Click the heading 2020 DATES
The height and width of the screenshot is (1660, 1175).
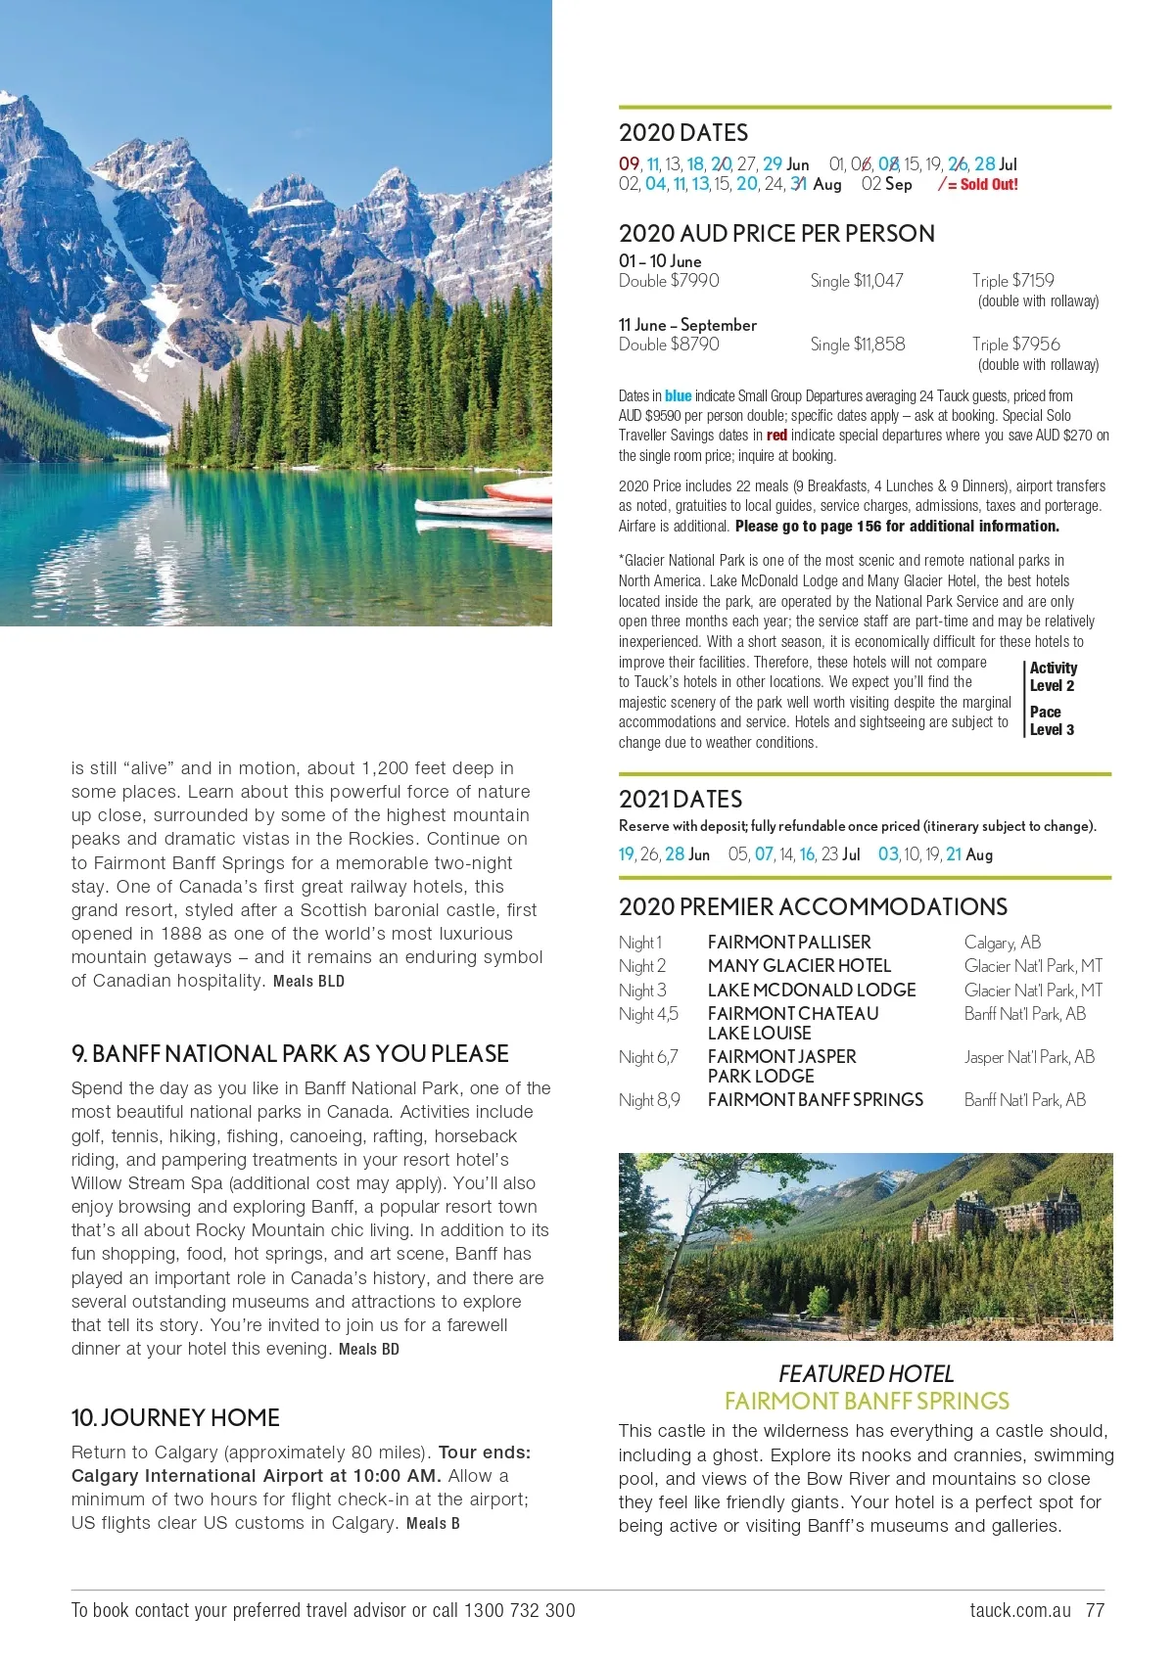682,133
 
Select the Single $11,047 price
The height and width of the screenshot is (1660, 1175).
856,281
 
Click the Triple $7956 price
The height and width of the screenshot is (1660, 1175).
1015,345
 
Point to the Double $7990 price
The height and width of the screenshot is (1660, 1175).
669,281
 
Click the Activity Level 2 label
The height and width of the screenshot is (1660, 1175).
1053,676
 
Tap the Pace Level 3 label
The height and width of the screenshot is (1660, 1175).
1052,720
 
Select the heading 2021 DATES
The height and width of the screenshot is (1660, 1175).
680,799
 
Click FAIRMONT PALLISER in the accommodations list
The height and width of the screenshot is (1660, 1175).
788,942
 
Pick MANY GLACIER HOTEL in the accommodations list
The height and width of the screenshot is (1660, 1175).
799,965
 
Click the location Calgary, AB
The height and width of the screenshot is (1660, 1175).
1002,942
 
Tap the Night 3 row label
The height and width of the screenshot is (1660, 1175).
642,990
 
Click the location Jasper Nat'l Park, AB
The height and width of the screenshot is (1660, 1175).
1028,1056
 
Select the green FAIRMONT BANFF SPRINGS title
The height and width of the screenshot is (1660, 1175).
866,1401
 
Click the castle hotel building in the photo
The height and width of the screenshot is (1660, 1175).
989,1215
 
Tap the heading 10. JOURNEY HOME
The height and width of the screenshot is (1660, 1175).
175,1417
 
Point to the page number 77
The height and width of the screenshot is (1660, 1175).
1095,1610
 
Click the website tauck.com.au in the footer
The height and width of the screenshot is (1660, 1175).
1019,1610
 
